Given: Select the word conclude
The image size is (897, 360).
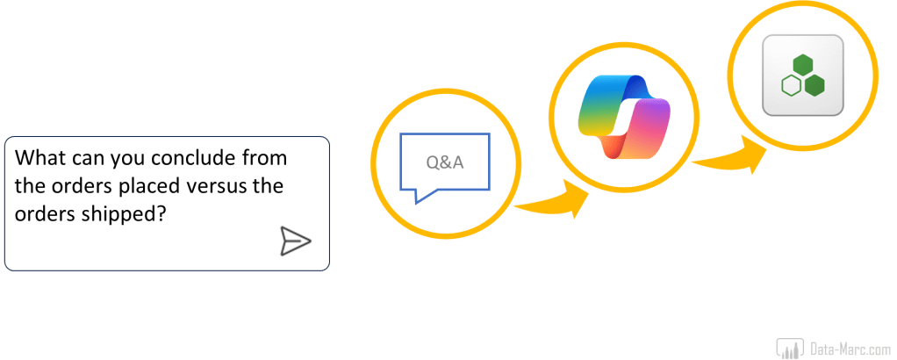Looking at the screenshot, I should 196,159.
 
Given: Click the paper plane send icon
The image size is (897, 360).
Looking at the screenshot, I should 295,241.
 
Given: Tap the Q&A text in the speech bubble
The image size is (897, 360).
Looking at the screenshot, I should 444,162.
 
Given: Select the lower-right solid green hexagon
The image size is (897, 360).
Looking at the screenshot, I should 814,85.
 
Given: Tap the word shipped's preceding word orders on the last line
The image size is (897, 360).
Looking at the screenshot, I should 46,212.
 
